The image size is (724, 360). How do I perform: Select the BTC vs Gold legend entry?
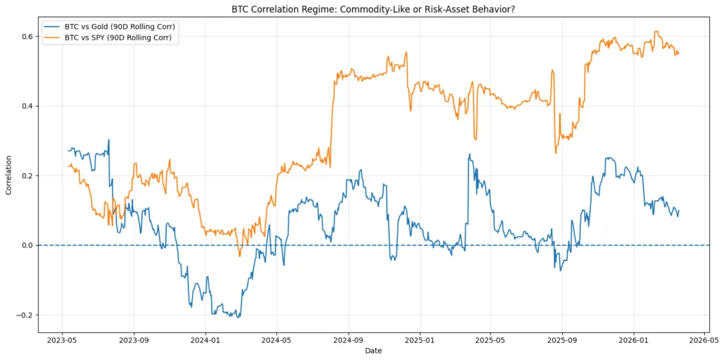pos(129,27)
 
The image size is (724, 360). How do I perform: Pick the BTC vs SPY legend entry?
pos(128,37)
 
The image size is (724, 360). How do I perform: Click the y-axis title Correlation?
pos(9,175)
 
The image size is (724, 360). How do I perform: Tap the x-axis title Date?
pos(374,351)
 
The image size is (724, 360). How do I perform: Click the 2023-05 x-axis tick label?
pos(62,339)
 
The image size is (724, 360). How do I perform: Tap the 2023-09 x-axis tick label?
pos(134,339)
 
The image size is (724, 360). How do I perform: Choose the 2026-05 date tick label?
pos(704,339)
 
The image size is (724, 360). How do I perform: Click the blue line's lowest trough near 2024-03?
pos(238,317)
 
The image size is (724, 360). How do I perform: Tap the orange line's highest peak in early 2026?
pos(657,31)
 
